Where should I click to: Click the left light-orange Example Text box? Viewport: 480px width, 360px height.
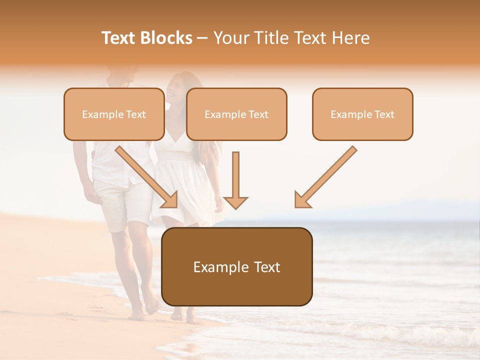pyautogui.click(x=114, y=114)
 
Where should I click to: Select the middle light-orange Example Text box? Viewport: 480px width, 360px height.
pyautogui.click(x=236, y=114)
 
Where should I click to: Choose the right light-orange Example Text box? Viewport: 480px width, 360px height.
pyautogui.click(x=362, y=114)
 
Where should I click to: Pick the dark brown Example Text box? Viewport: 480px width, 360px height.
pyautogui.click(x=237, y=266)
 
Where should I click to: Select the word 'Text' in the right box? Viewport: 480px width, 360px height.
pyautogui.click(x=384, y=114)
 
